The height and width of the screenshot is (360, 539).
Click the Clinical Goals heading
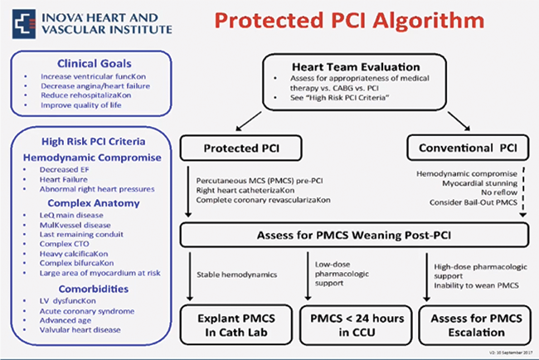[90, 63]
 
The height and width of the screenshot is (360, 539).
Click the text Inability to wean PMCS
[470, 285]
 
